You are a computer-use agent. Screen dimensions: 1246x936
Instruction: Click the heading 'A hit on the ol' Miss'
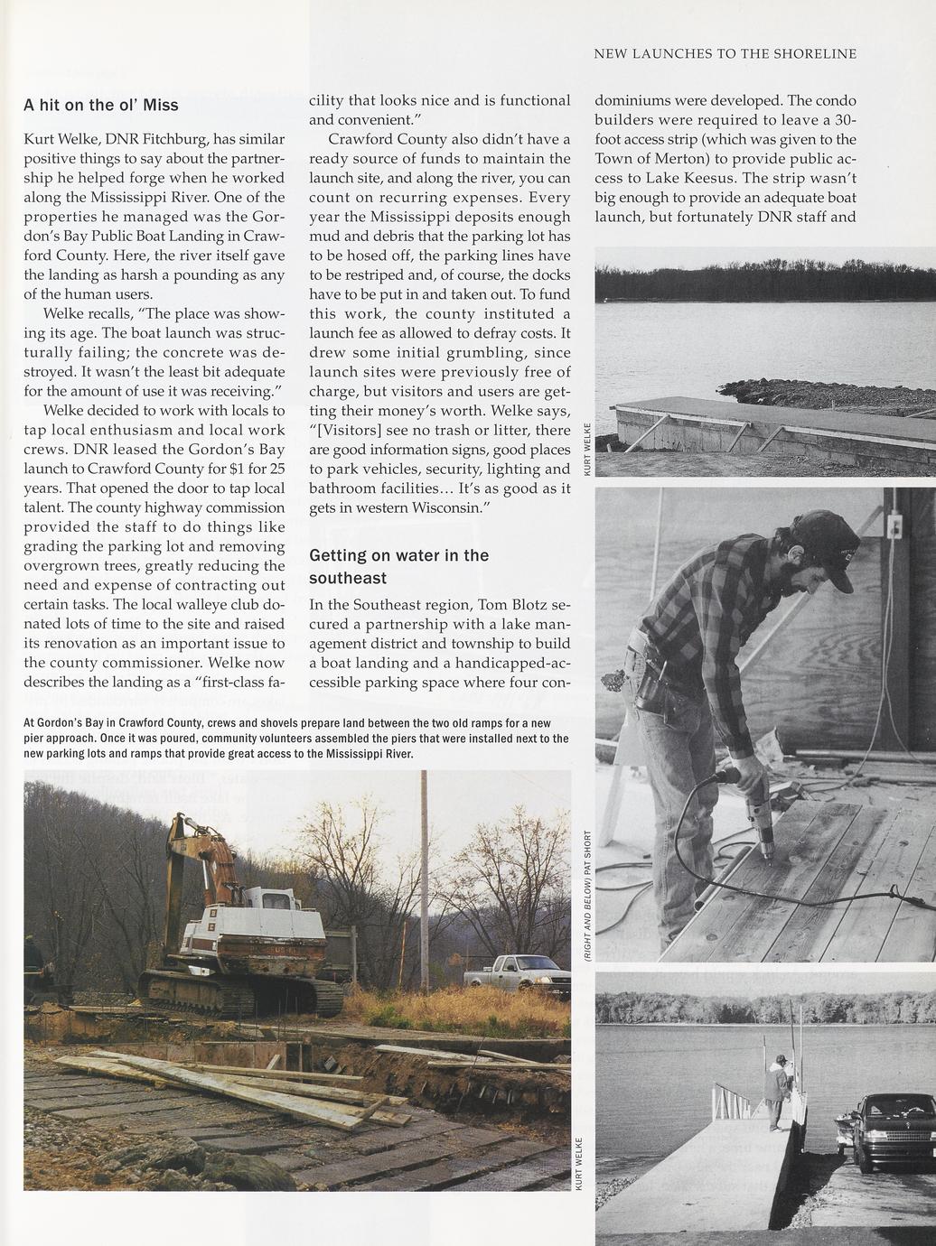[100, 105]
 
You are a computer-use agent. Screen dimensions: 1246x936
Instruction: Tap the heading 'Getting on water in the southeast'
[398, 566]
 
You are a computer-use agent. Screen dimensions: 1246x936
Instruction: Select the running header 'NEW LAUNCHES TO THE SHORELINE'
[725, 54]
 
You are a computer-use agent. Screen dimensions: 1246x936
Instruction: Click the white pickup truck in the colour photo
[518, 972]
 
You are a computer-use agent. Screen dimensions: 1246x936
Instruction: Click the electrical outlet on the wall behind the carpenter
[895, 525]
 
